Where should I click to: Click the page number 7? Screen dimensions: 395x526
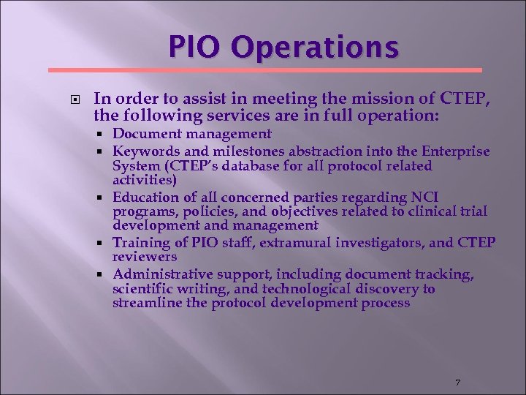457,383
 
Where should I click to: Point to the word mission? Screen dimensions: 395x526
350,99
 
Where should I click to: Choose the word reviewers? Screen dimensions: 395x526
145,257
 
